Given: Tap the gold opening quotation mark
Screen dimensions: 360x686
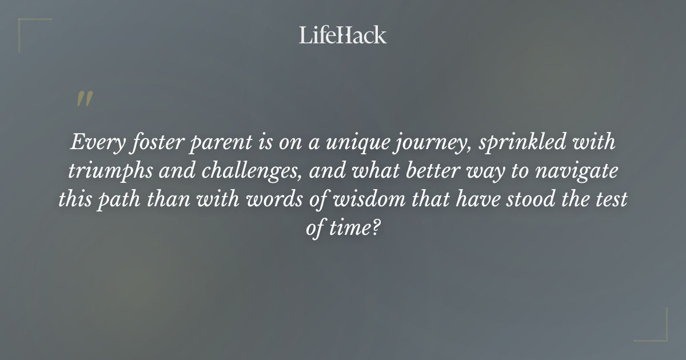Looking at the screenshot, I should tap(85, 99).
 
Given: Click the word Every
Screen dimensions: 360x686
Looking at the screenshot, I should tap(91, 142).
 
